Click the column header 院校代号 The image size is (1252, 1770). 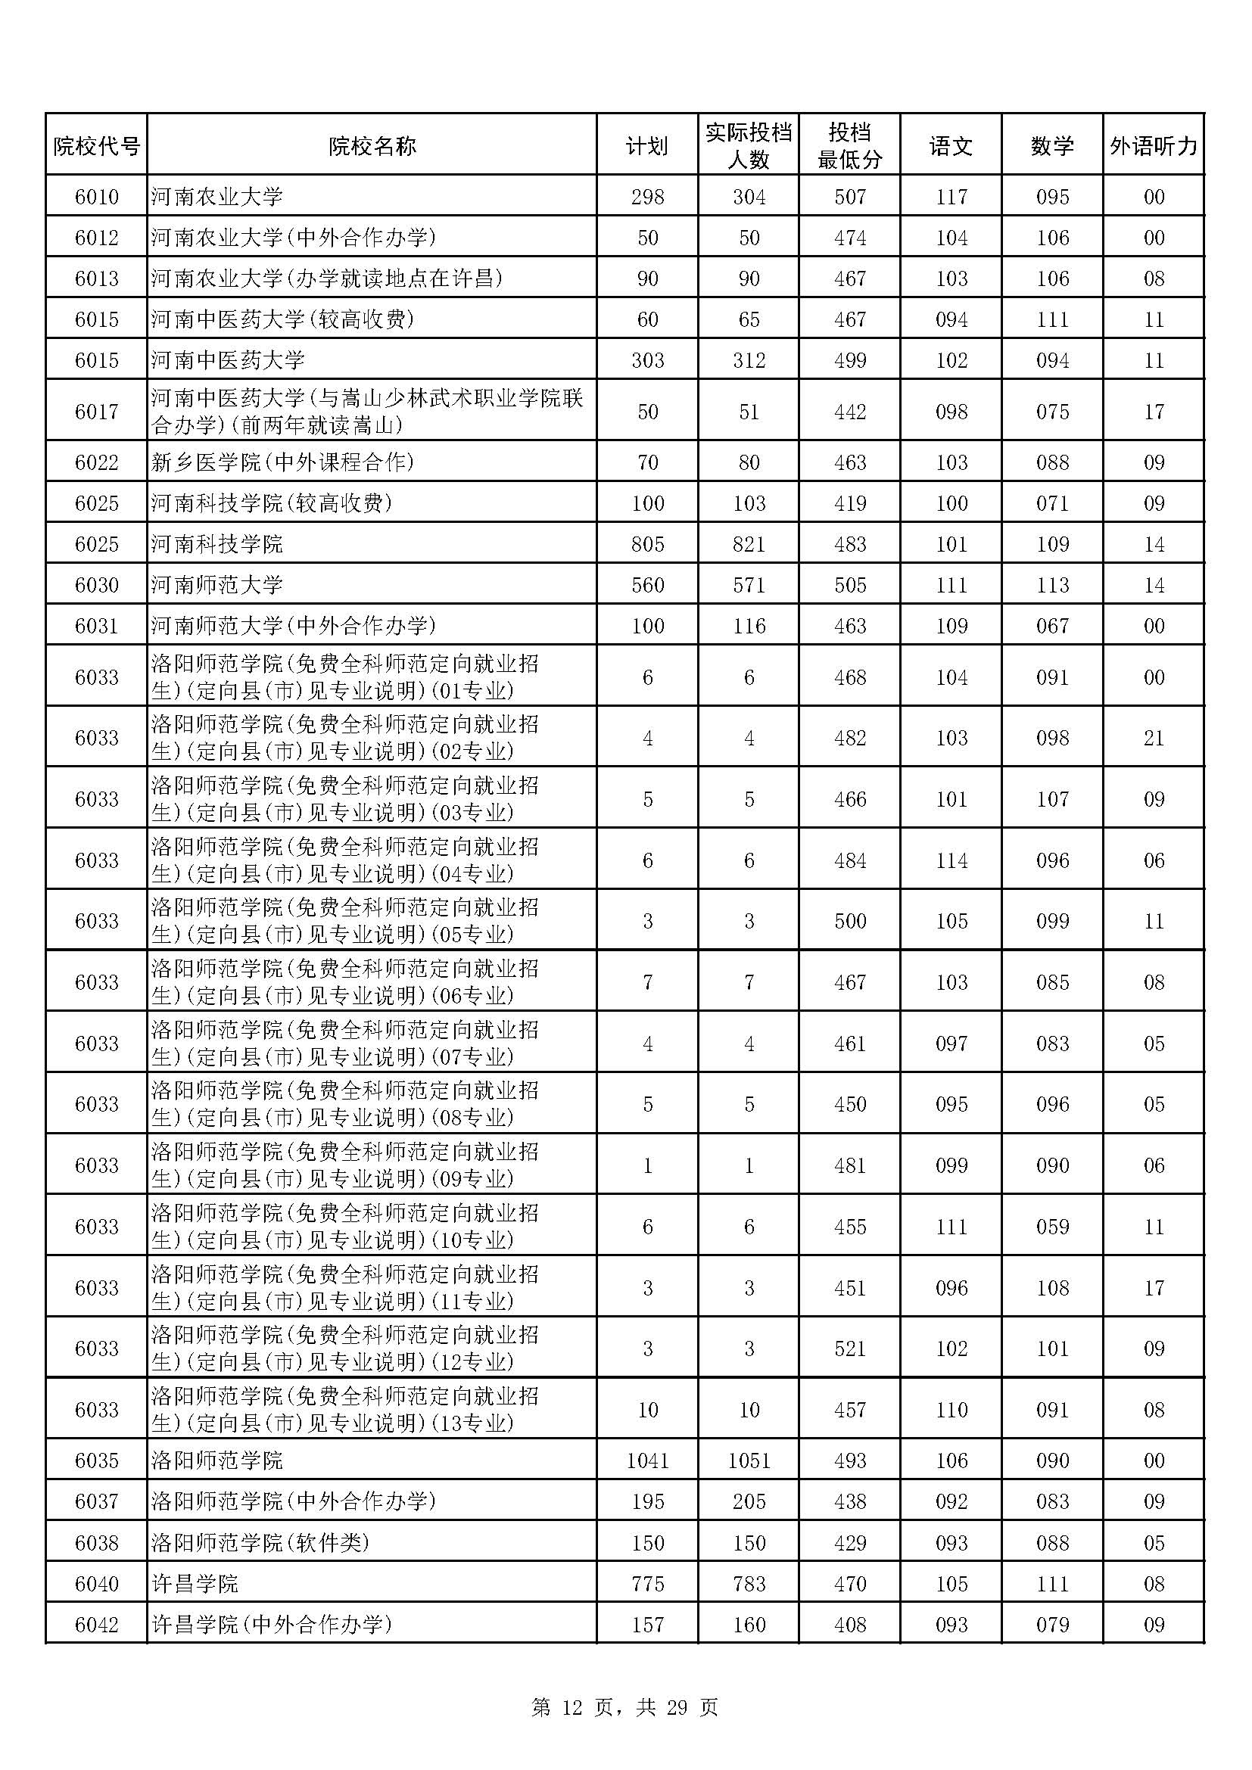tap(96, 146)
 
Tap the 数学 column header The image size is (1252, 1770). tap(1052, 146)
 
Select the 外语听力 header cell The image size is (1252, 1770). tap(1154, 146)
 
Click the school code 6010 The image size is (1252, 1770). tap(96, 198)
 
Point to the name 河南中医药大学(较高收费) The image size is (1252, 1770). tap(282, 319)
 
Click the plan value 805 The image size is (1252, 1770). tap(648, 544)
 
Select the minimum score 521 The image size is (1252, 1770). tap(849, 1348)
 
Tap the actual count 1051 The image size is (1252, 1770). tap(749, 1460)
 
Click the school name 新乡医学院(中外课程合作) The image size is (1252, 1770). tap(282, 462)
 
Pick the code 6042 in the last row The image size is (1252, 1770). tap(96, 1624)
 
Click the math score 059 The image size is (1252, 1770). tap(1052, 1227)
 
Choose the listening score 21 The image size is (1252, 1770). tap(1154, 739)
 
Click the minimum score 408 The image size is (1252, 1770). tap(849, 1624)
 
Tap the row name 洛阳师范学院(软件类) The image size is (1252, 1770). tap(260, 1542)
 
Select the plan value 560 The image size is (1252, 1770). tap(648, 585)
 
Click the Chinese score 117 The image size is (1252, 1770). tap(951, 198)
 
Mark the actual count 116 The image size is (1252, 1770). tap(749, 626)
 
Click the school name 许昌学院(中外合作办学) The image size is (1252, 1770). tap(272, 1624)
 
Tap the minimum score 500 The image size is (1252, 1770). tap(849, 921)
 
